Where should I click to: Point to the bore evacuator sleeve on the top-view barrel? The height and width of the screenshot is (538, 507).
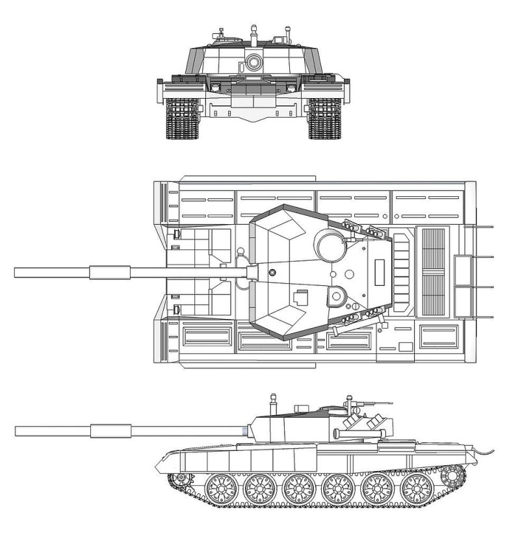tap(110, 272)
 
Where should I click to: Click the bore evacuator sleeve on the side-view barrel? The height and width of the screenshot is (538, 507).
tap(110, 429)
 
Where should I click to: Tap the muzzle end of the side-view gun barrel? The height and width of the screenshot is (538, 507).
tap(17, 430)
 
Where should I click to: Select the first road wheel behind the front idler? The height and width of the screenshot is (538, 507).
tap(220, 489)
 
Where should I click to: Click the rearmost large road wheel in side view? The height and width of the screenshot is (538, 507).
tap(417, 489)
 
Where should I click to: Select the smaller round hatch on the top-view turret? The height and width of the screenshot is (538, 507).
tap(336, 296)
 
